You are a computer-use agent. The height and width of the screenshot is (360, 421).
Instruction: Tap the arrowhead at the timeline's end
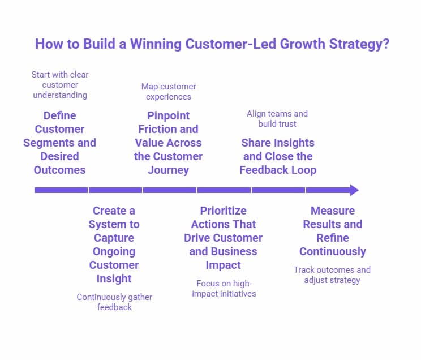[354, 190]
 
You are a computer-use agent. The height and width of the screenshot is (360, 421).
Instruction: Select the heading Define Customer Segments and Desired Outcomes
[59, 143]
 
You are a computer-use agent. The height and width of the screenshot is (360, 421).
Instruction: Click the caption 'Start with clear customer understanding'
[60, 85]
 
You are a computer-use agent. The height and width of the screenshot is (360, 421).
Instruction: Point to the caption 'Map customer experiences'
[169, 92]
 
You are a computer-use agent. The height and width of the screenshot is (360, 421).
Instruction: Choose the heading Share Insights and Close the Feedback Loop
[277, 156]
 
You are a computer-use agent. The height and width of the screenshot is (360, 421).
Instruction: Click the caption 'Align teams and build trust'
[277, 118]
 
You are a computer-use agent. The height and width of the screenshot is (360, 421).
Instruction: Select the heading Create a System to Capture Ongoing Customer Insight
[114, 245]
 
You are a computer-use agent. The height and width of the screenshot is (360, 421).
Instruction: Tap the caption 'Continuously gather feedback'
[114, 302]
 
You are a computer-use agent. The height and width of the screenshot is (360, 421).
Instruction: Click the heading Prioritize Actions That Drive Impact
[223, 238]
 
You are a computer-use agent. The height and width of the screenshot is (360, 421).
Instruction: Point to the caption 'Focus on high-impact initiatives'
[223, 288]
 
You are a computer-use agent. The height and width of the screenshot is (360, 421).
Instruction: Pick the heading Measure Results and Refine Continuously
[332, 231]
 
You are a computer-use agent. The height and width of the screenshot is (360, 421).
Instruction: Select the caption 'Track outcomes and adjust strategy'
[332, 275]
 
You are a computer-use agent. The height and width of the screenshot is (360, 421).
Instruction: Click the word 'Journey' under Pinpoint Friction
[168, 170]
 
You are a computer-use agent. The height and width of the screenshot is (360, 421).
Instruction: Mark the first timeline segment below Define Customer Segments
[61, 190]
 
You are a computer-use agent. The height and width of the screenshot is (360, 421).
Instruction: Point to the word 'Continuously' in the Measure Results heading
[332, 251]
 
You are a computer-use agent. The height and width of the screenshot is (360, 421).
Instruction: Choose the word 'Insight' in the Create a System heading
[114, 278]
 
